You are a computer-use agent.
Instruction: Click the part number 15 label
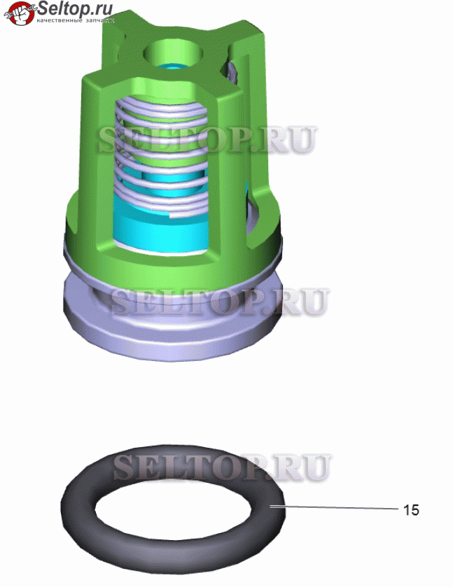click(x=411, y=510)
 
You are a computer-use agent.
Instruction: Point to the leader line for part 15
click(x=333, y=507)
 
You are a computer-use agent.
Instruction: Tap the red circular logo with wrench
click(x=20, y=13)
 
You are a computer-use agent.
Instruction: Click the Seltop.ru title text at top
click(x=75, y=8)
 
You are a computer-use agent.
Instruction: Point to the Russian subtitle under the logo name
click(x=76, y=20)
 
